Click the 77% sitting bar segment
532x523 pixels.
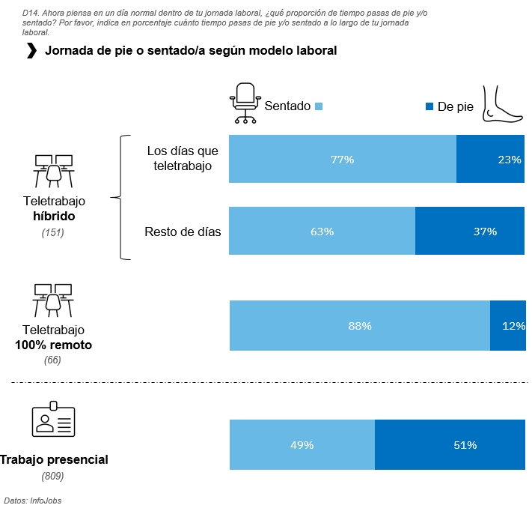click(x=342, y=159)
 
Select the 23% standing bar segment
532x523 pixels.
click(x=490, y=159)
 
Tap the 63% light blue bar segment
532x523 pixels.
click(x=322, y=232)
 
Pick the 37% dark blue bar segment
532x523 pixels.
click(x=470, y=232)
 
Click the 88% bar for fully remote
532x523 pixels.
click(x=359, y=325)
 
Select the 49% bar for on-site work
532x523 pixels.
click(x=302, y=445)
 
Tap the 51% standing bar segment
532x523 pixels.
click(x=450, y=445)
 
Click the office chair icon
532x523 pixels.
click(x=244, y=103)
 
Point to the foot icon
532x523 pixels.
click(x=503, y=103)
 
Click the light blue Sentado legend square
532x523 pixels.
click(x=319, y=106)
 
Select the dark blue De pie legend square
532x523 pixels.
click(x=429, y=106)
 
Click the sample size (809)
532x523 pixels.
click(x=52, y=476)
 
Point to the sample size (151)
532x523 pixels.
click(x=53, y=233)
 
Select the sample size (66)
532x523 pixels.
click(x=52, y=360)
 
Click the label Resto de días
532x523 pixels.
click(x=183, y=232)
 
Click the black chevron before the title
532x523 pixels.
click(x=31, y=51)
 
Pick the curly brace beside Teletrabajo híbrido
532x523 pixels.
click(x=120, y=198)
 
